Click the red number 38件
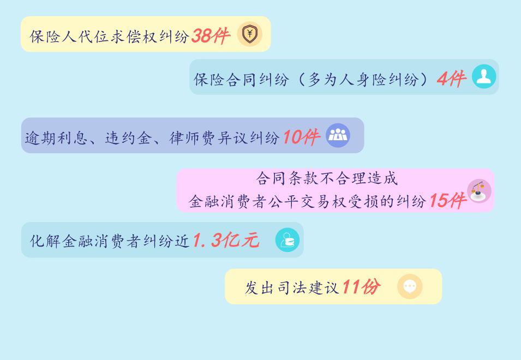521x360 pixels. (211, 35)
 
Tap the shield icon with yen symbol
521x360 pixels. (250, 33)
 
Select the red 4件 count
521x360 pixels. (452, 79)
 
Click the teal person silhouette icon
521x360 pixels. (484, 76)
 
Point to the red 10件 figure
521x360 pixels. (301, 137)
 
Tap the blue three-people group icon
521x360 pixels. (338, 135)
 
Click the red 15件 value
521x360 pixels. (448, 201)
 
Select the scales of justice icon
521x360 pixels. (479, 191)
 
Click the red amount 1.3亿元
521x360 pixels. (226, 240)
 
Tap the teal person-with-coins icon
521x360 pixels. (288, 240)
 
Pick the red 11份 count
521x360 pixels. (361, 286)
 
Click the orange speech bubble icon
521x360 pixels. (410, 286)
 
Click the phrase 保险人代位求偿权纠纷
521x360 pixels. (109, 36)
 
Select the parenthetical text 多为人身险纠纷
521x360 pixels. (363, 80)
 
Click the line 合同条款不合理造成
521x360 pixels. (327, 178)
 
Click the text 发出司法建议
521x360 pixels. (292, 287)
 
